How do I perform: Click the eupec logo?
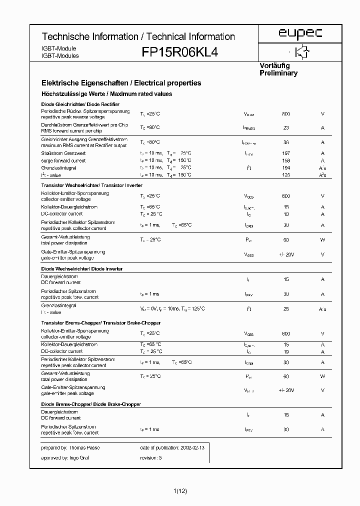click(x=300, y=33)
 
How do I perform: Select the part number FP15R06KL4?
click(x=180, y=52)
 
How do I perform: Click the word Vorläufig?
click(x=274, y=65)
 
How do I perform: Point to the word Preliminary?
click(x=278, y=73)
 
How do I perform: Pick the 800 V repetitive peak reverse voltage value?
click(x=286, y=114)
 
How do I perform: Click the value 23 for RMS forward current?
click(x=286, y=128)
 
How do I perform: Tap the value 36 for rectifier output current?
click(x=286, y=142)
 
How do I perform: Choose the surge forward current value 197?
click(x=286, y=153)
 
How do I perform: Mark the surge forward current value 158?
click(x=286, y=160)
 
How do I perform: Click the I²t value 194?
click(x=286, y=168)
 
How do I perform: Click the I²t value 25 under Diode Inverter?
click(x=286, y=309)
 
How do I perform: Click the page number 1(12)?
click(x=180, y=491)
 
